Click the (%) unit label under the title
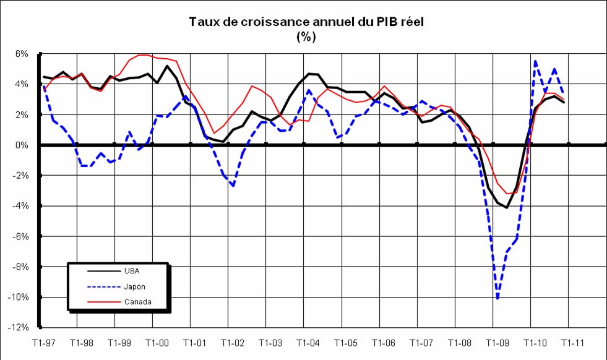(x=306, y=36)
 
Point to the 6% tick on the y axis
(x=22, y=54)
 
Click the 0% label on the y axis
(x=22, y=145)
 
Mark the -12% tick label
(x=19, y=328)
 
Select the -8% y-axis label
(x=20, y=267)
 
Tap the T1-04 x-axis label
(x=308, y=342)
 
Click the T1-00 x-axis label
(x=157, y=342)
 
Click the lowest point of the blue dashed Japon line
(x=497, y=299)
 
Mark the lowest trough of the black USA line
(x=507, y=208)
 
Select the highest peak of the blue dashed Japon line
(x=535, y=61)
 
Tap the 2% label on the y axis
(x=22, y=115)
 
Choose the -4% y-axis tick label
(x=20, y=206)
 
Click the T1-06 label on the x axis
(x=384, y=342)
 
